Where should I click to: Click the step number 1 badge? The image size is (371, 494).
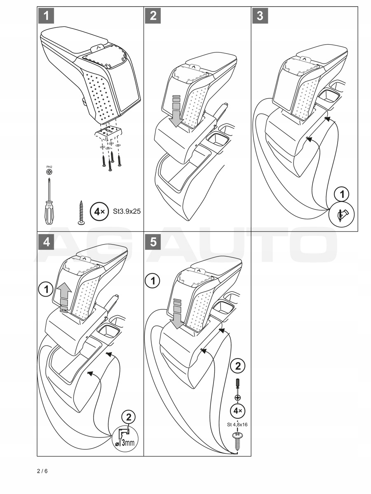coord(47,16)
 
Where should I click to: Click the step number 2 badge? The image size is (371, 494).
coord(153,16)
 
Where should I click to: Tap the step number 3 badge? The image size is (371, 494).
coord(260,16)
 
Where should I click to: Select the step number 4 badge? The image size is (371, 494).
coord(47,242)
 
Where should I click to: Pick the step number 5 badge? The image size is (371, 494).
coord(153,242)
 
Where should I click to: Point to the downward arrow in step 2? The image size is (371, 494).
coord(176,110)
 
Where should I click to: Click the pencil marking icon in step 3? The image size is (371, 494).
coord(342,214)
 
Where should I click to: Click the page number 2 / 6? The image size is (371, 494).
coord(42,471)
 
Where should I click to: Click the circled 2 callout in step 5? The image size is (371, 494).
coord(237,366)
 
